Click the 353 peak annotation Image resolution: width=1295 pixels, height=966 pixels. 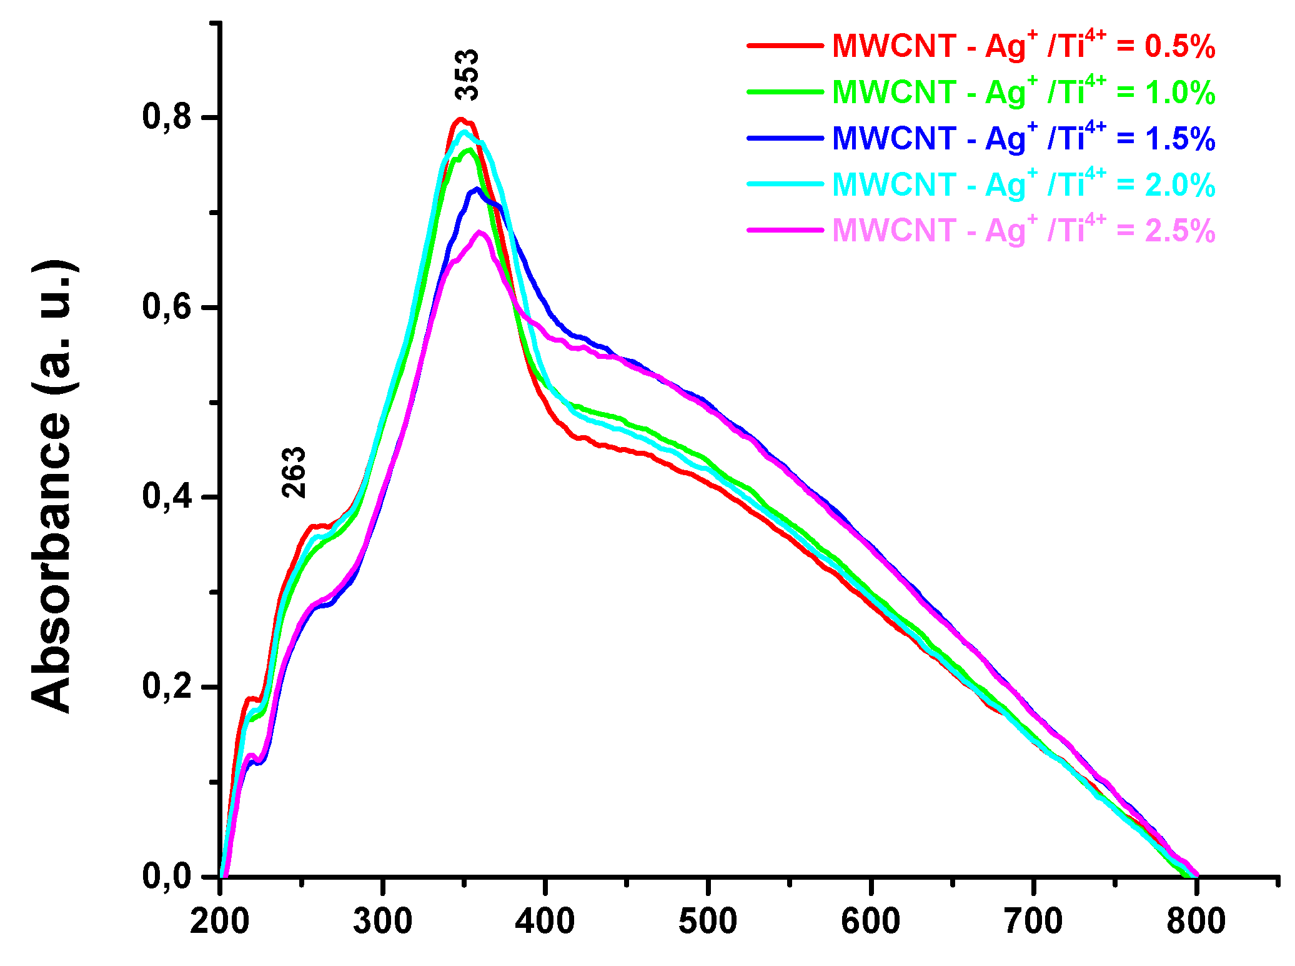(x=467, y=74)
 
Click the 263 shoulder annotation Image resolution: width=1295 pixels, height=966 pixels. (x=294, y=472)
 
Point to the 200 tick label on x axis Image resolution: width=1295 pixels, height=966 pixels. (x=220, y=922)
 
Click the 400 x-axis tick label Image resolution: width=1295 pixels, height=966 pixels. (x=545, y=922)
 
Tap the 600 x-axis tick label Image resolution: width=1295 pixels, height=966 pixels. (x=870, y=922)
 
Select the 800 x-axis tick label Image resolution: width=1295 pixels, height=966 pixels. (x=1196, y=922)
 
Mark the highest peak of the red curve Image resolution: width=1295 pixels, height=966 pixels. (x=460, y=119)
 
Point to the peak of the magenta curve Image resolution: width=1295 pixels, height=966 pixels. (x=480, y=233)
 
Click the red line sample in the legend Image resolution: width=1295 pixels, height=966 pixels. (x=785, y=46)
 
